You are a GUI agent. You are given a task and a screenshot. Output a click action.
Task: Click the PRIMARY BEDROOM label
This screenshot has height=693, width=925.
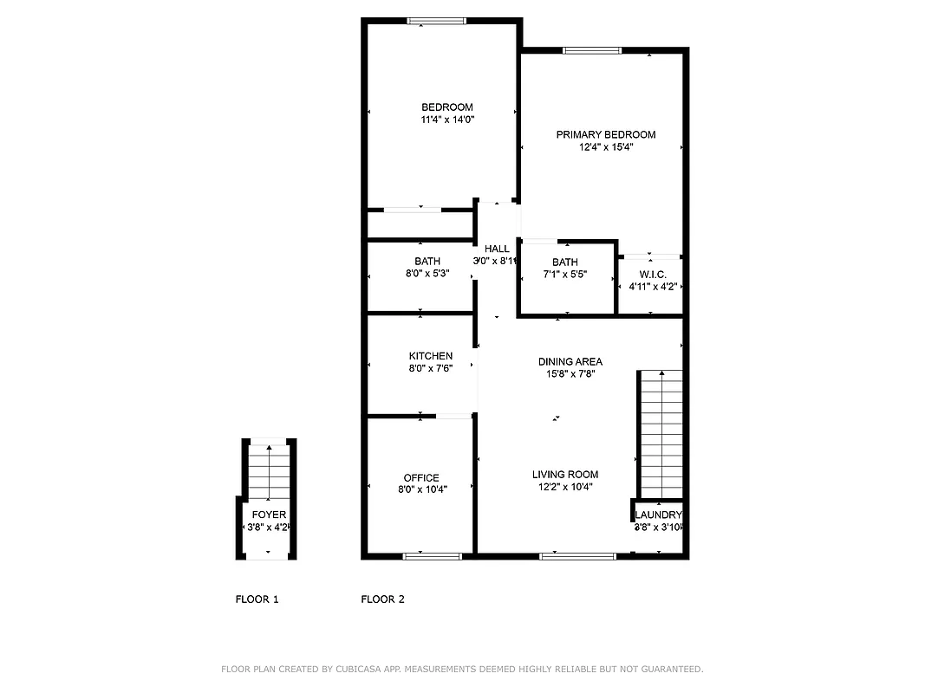(605, 134)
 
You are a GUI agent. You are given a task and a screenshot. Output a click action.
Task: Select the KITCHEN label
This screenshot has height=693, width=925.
(431, 356)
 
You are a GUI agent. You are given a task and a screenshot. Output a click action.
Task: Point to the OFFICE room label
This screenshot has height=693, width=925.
(421, 478)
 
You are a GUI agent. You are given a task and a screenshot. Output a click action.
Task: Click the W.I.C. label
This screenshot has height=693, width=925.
(652, 275)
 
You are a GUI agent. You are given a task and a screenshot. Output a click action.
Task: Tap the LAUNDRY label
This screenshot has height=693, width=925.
(659, 515)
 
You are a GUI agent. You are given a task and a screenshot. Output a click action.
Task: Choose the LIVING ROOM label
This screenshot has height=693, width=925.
(565, 475)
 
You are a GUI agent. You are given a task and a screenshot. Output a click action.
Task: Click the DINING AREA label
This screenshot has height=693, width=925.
(570, 362)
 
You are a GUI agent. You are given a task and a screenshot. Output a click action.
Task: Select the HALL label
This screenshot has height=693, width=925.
(497, 249)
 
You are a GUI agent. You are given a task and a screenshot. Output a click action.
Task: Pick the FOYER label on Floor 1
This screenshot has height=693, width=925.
(269, 515)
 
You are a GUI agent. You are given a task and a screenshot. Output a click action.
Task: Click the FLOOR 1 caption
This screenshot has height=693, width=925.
(257, 599)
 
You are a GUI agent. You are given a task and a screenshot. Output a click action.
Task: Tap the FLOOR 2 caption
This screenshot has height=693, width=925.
(382, 599)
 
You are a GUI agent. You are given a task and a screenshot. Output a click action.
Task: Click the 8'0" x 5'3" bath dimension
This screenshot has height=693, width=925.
(427, 274)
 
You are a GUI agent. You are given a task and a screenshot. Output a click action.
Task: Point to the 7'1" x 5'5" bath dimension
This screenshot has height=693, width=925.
(564, 275)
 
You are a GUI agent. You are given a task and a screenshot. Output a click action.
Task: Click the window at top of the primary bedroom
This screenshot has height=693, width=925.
(592, 50)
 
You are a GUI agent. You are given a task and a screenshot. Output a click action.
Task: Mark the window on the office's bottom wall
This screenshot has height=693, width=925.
(431, 556)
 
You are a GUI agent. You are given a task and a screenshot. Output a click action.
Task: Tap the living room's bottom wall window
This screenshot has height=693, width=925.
(577, 556)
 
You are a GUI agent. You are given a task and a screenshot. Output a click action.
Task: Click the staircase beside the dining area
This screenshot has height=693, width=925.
(661, 433)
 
